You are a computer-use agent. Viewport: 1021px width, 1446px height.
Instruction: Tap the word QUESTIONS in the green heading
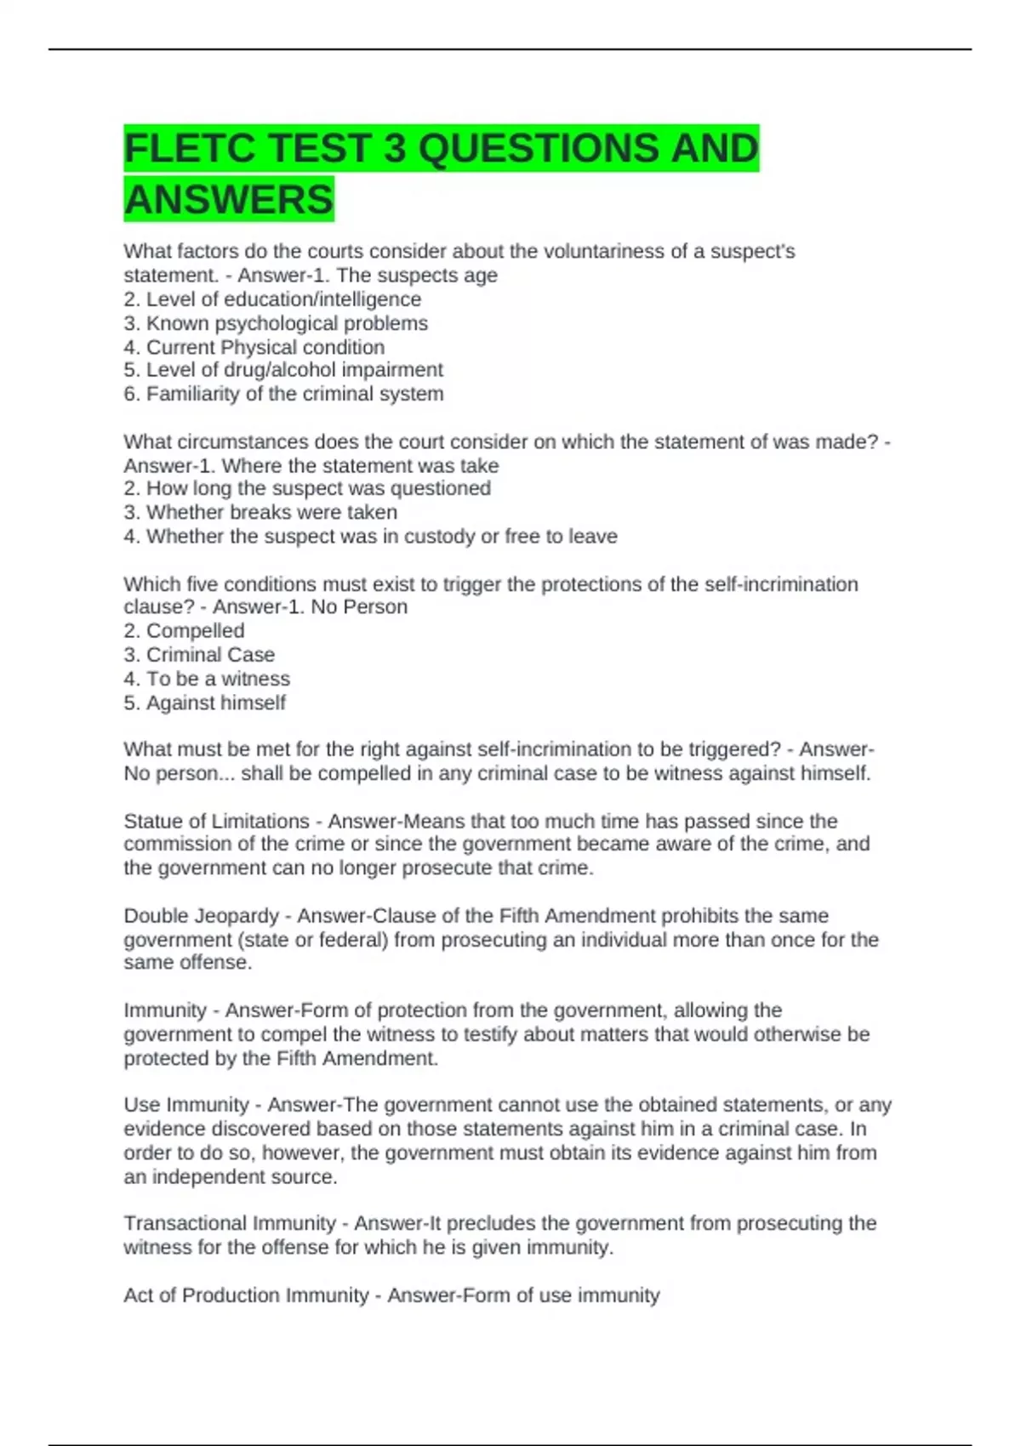[x=539, y=149]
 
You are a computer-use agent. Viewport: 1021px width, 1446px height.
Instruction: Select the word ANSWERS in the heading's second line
[x=229, y=200]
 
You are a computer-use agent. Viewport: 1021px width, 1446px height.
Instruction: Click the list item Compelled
[x=195, y=631]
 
